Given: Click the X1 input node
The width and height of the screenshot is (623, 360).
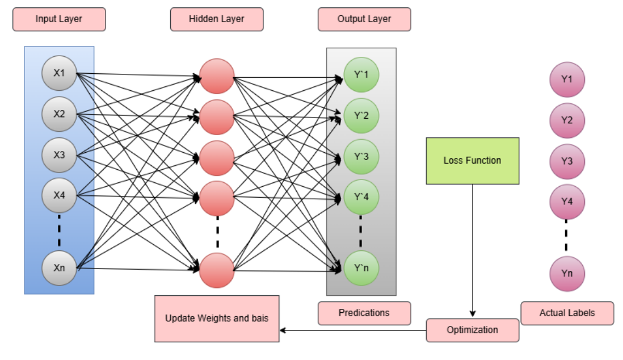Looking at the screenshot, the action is tap(59, 73).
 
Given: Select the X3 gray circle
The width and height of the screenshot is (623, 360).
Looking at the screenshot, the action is tap(59, 155).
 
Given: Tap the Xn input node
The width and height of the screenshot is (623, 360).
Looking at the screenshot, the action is tap(59, 268).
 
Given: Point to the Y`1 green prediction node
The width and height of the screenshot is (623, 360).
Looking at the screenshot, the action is tap(361, 75).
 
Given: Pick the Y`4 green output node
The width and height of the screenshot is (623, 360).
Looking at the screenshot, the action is tap(361, 197).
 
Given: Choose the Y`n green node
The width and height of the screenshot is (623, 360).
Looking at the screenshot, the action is tap(361, 268).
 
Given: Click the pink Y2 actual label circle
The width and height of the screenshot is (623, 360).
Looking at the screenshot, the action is tap(567, 120).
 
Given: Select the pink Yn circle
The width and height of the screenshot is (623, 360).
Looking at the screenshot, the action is tap(567, 274).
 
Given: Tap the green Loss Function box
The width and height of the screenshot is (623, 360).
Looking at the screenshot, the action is tap(473, 161).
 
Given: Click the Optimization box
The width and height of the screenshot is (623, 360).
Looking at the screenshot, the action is tap(473, 330).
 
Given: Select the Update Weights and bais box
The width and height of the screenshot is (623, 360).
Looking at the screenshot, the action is tap(217, 319).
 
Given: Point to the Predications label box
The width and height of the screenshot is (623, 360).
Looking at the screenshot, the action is tap(364, 313).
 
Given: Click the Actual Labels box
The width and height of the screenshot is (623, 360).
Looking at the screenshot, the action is tap(567, 313).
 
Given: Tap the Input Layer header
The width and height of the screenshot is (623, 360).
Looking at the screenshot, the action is tap(59, 19).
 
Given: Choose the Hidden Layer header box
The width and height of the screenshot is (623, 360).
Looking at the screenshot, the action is tap(217, 19).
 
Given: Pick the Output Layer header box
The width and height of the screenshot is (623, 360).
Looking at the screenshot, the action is tap(364, 19).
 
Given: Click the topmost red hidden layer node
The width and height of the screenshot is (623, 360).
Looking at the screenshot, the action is tap(217, 77).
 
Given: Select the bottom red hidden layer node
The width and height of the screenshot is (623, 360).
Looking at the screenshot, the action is tap(217, 270).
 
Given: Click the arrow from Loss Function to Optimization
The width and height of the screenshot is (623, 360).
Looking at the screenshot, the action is tap(473, 250).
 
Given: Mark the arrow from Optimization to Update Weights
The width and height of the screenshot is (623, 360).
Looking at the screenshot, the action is tap(353, 330).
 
